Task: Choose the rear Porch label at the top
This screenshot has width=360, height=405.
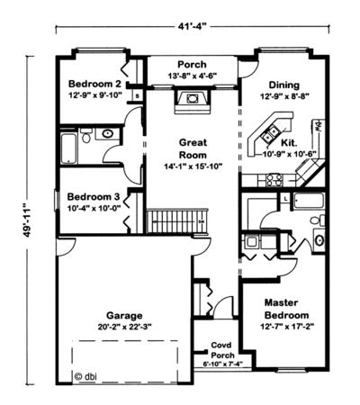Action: coord(192,65)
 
